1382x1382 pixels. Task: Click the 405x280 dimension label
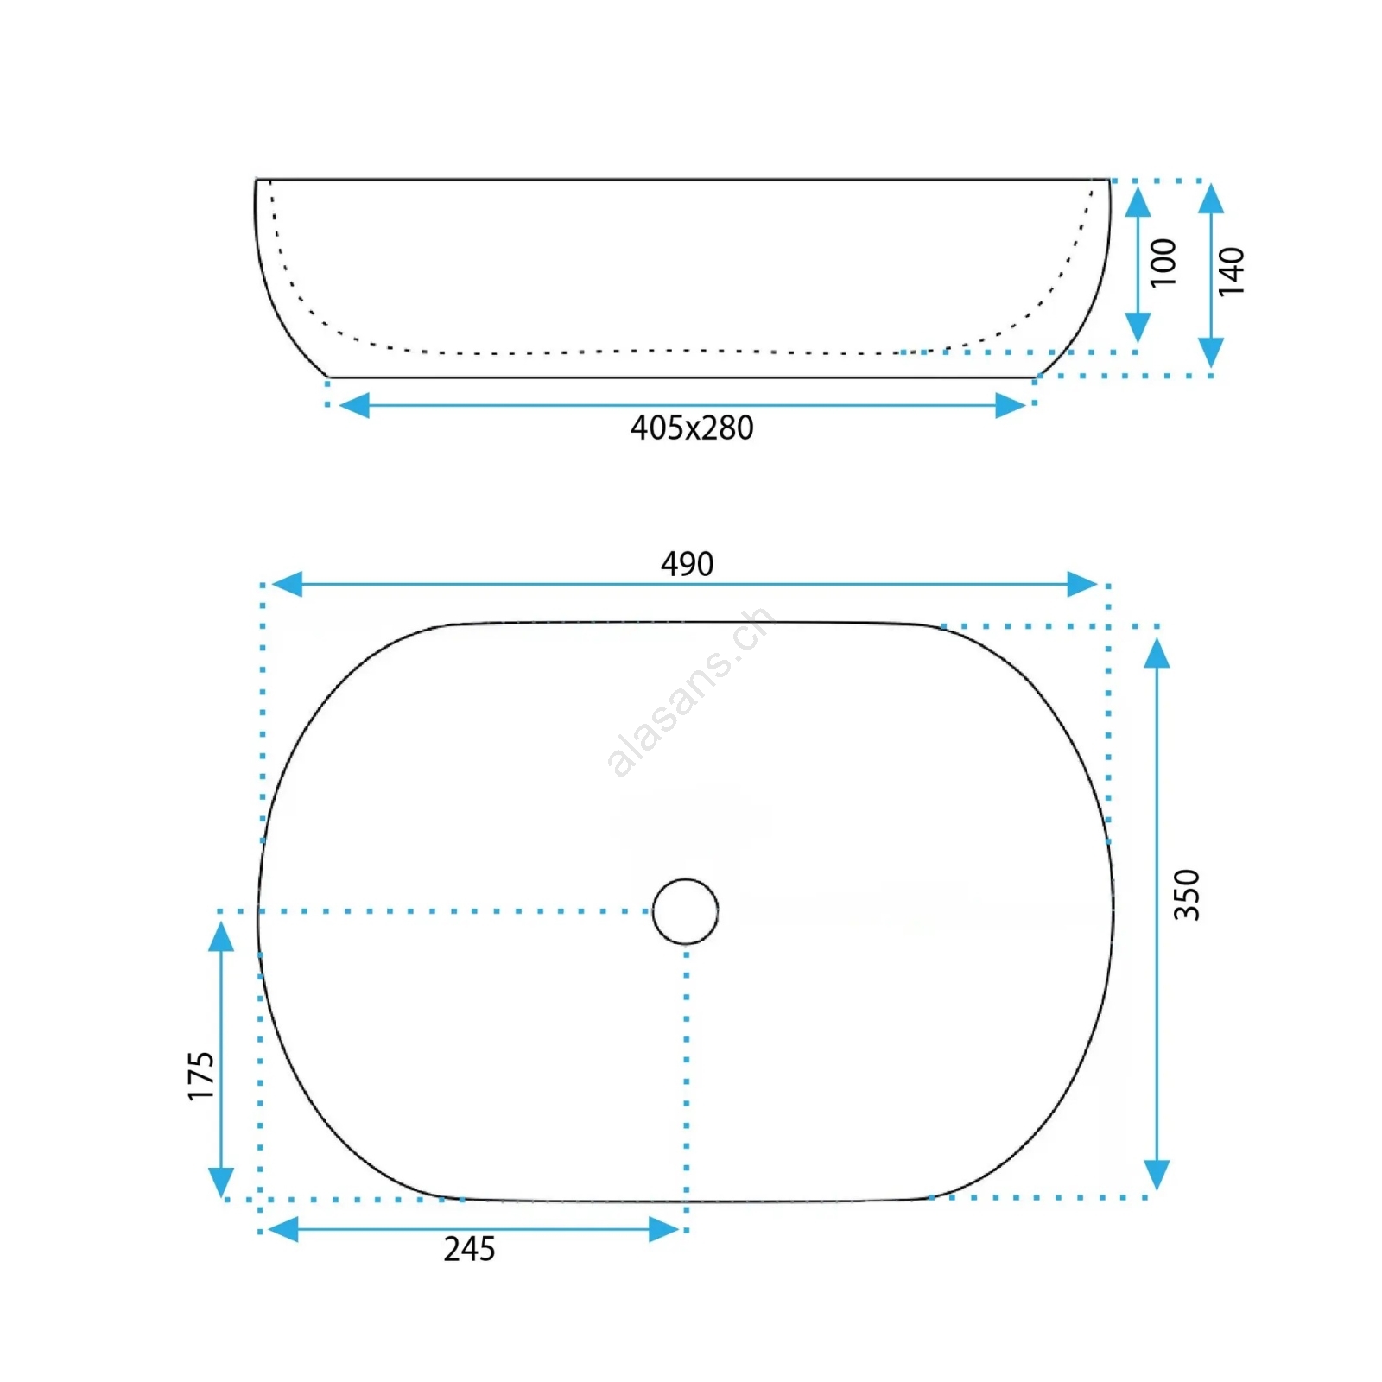(x=692, y=428)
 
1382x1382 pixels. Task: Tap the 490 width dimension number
(x=687, y=564)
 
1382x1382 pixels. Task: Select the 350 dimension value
(x=1187, y=895)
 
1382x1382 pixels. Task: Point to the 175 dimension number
(x=200, y=1075)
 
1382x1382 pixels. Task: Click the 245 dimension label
(x=469, y=1249)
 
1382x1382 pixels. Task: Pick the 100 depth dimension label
(x=1163, y=263)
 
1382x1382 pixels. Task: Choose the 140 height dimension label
(x=1232, y=271)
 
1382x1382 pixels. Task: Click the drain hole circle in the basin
(x=685, y=879)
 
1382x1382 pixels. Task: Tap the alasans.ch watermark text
(x=688, y=692)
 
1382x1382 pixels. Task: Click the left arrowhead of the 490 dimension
(x=287, y=584)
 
